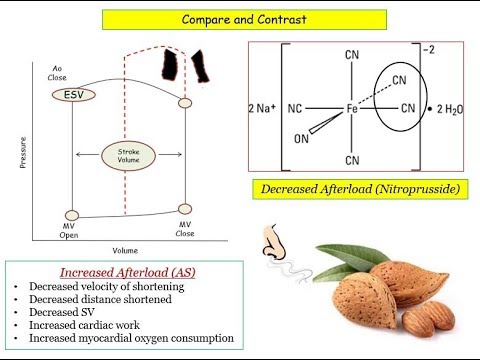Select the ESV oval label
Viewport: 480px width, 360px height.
pos(69,94)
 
